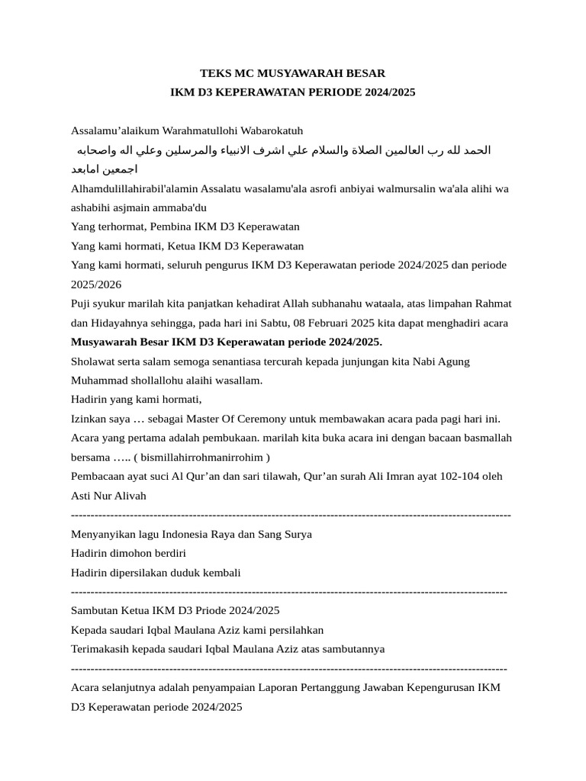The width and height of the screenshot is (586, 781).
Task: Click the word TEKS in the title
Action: pos(215,73)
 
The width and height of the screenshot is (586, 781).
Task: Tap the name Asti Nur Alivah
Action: pos(108,496)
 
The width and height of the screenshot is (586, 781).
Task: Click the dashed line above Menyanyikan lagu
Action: pos(290,515)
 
